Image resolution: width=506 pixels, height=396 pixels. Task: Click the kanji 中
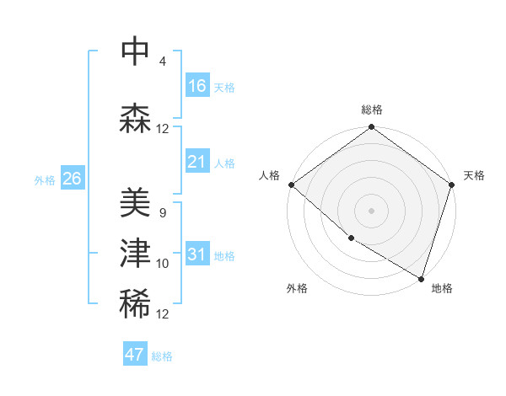135,51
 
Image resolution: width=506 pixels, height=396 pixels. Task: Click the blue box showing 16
197,86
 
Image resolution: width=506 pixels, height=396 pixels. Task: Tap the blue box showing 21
197,162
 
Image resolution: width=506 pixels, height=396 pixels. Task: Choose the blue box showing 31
197,255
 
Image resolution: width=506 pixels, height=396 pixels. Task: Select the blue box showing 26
73,179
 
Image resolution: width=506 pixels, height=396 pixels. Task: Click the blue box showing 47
135,355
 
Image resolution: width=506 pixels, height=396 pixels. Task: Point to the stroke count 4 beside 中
162,62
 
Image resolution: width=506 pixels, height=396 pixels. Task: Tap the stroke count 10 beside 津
163,264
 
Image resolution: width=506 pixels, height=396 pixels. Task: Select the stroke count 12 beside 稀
163,314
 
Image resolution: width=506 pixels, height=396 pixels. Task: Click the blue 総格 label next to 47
162,356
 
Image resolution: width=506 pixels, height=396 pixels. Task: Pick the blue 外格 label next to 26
45,180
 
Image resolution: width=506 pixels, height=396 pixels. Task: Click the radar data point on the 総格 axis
371,128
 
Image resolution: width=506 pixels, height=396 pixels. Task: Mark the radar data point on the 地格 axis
420,277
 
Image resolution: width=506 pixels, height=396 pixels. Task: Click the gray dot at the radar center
371,210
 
